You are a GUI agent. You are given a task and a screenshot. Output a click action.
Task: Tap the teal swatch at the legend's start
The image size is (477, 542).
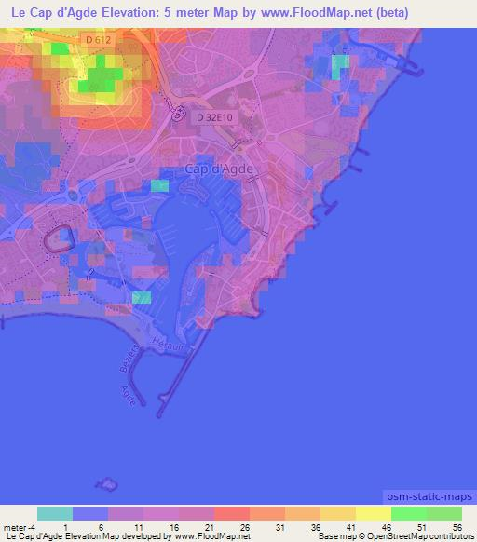pos(55,514)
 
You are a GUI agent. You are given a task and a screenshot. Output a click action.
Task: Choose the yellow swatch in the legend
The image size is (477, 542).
pos(373,514)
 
